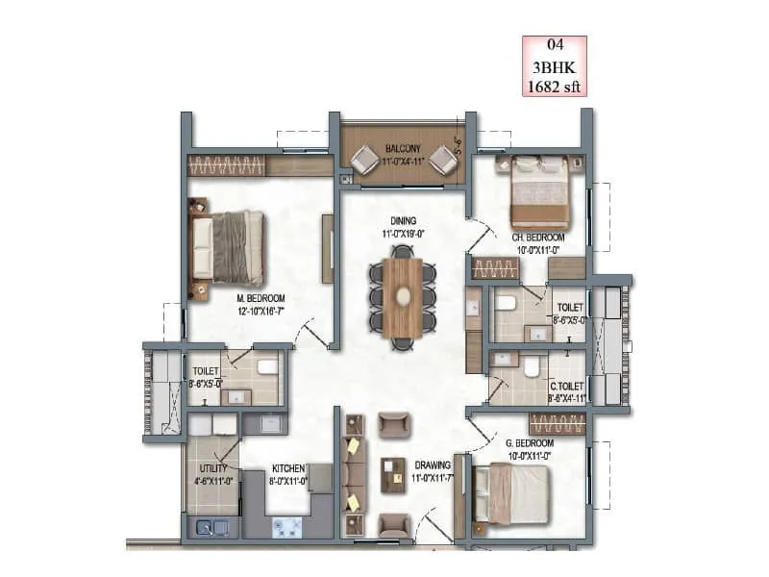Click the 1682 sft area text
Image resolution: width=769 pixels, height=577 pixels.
point(554,86)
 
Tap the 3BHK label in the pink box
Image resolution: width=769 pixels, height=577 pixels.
point(554,65)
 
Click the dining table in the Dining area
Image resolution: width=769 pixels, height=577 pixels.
point(403,297)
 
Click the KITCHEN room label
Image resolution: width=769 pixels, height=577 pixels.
point(287,468)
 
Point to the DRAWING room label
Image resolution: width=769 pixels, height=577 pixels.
point(434,464)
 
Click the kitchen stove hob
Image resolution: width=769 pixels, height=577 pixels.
point(287,526)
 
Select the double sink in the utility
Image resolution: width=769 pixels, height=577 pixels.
point(211,526)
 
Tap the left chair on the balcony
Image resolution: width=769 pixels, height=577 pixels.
point(364,160)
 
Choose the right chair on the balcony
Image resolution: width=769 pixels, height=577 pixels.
point(443,160)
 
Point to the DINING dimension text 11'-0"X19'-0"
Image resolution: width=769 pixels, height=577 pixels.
point(403,232)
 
